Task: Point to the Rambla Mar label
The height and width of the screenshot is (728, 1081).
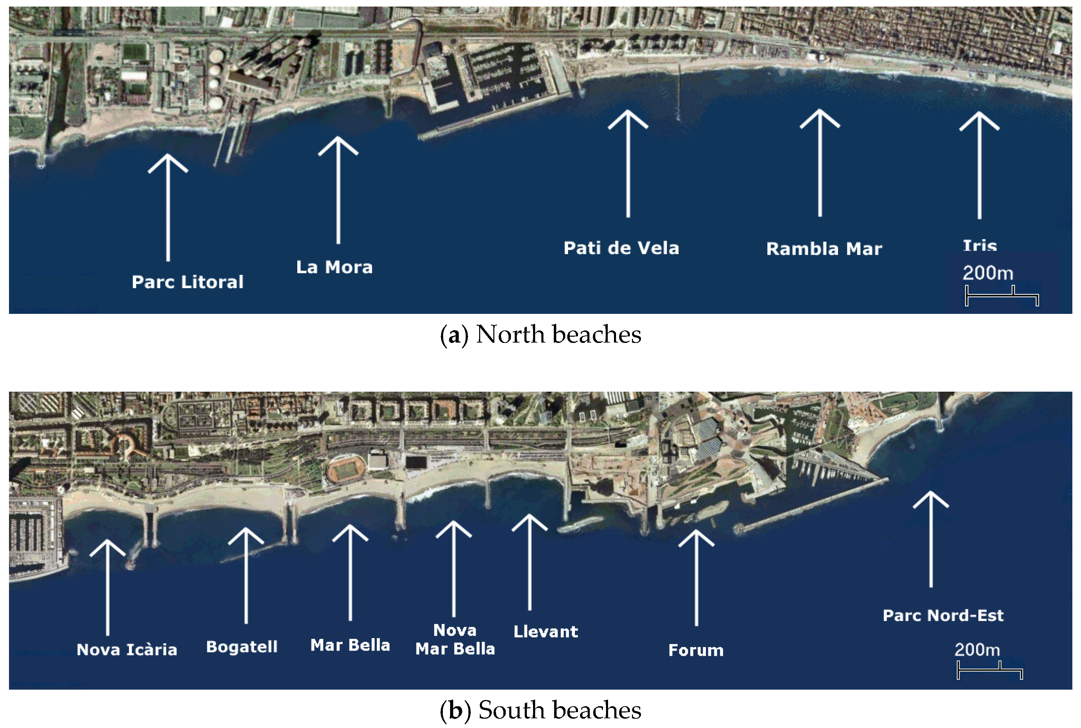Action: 824,249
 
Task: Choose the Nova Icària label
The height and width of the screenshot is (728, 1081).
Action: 127,650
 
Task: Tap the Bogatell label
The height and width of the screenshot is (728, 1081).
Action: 242,647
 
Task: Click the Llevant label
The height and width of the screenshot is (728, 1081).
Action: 546,632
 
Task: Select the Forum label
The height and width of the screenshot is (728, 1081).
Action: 696,650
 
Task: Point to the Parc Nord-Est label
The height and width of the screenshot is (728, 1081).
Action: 943,615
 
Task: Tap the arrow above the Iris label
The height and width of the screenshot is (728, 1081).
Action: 979,165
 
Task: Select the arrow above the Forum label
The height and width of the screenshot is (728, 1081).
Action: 696,578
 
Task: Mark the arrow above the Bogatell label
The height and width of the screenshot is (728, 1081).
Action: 246,576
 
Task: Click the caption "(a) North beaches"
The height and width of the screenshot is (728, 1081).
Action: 541,335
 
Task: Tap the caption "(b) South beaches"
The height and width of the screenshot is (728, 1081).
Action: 541,710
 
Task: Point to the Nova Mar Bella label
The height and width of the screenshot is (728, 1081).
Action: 455,639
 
